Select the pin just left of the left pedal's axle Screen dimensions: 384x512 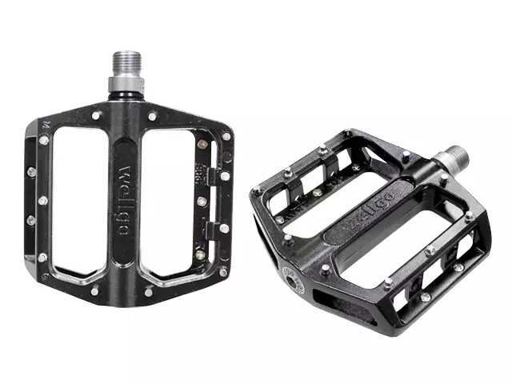(x=95, y=115)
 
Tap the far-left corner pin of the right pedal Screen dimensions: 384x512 (x=255, y=191)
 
